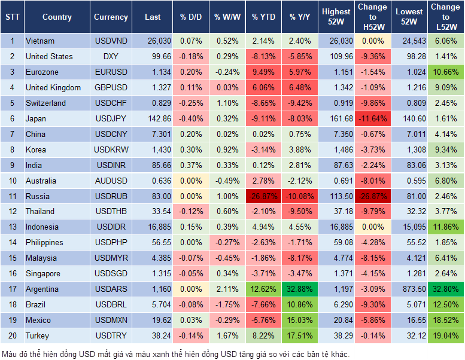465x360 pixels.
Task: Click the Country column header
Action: [x=57, y=17]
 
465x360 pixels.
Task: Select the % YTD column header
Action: [x=264, y=17]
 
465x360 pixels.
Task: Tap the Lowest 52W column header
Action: [x=410, y=17]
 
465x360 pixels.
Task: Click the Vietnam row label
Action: [x=40, y=41]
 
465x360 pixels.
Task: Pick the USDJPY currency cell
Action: [x=110, y=118]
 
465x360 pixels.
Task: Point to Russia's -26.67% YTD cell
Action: [x=264, y=196]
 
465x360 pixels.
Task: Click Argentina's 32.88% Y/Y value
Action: [x=300, y=289]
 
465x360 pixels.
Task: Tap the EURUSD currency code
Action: [x=111, y=72]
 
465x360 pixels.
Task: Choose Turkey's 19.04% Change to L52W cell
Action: [x=446, y=335]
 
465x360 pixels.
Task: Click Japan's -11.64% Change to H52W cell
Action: [x=372, y=118]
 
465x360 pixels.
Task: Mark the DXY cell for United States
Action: [x=111, y=57]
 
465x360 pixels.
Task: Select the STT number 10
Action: [x=12, y=181]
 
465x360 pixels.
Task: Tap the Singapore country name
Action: [x=43, y=273]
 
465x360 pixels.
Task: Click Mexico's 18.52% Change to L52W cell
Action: [x=446, y=320]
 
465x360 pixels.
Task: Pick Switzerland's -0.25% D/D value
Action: [x=191, y=103]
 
